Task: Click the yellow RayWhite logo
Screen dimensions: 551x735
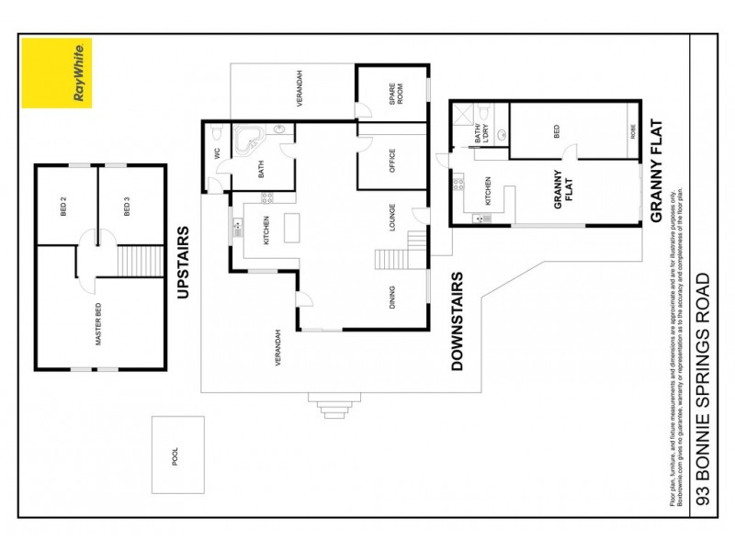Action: click(x=57, y=73)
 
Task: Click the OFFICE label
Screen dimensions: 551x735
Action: click(x=392, y=162)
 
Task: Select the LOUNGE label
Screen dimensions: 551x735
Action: click(x=392, y=219)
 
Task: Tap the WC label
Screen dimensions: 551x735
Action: click(x=217, y=154)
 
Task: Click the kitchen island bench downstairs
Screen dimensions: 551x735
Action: click(x=292, y=228)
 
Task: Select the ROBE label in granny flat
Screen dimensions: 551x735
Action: click(x=632, y=131)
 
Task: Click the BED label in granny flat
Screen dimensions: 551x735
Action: click(x=557, y=131)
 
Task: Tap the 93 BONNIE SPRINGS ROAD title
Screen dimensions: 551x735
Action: click(x=704, y=389)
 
